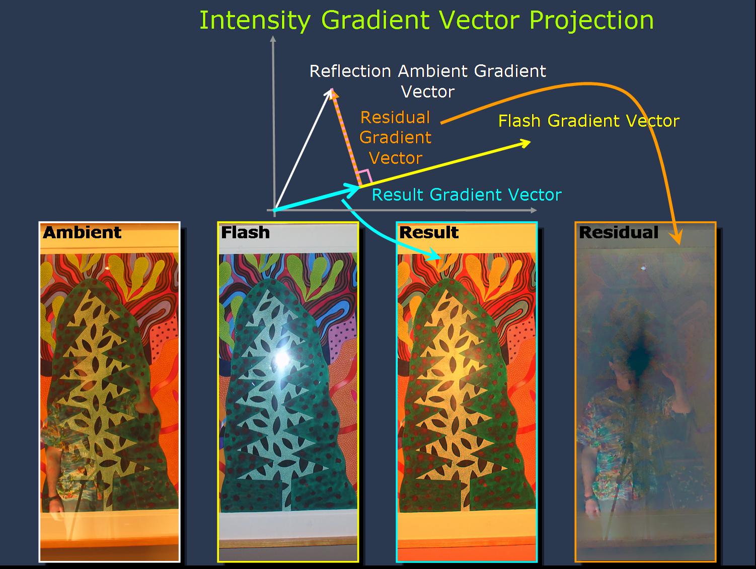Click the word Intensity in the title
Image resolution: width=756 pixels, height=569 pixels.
(x=255, y=21)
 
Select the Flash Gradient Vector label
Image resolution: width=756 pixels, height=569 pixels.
(x=589, y=121)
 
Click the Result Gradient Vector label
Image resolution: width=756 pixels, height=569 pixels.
(x=467, y=195)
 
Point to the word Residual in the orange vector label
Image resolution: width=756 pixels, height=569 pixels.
(x=396, y=118)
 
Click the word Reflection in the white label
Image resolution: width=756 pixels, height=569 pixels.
(x=350, y=71)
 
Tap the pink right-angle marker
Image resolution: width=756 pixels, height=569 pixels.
(x=365, y=176)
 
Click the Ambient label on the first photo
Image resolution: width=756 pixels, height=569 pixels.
(x=82, y=232)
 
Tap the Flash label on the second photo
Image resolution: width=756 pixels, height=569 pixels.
(x=245, y=232)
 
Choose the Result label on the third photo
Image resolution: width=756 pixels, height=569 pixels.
(x=429, y=232)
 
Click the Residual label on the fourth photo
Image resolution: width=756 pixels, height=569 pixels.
(x=619, y=232)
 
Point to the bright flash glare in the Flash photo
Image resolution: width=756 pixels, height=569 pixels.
(x=282, y=358)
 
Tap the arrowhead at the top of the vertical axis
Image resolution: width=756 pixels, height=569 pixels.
(x=273, y=39)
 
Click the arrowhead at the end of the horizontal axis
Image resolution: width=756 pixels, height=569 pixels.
(x=534, y=210)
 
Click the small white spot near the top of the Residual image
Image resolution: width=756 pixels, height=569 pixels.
(x=643, y=267)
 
